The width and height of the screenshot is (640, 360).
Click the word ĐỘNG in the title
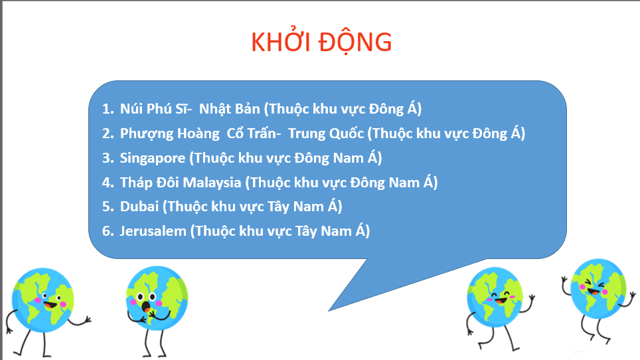[x=355, y=42]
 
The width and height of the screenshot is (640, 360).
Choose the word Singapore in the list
[x=152, y=158]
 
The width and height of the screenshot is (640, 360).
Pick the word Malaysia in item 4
[x=213, y=182]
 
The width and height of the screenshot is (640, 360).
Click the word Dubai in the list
[x=139, y=207]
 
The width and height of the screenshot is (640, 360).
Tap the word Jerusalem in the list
[x=153, y=231]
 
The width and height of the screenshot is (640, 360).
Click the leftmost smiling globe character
[x=42, y=299]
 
